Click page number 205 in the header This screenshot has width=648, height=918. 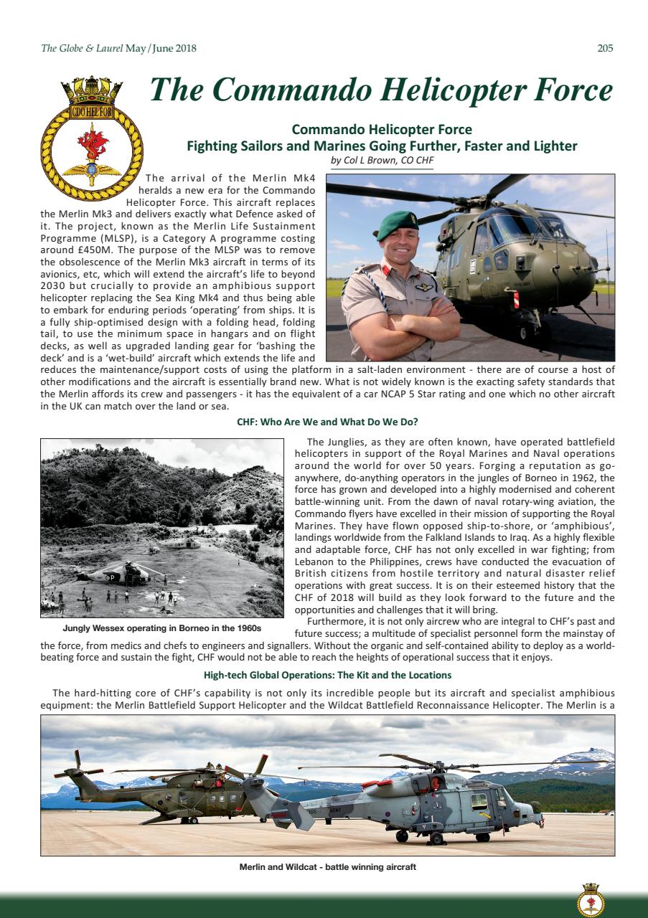click(605, 49)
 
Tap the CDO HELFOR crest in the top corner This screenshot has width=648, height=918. click(90, 140)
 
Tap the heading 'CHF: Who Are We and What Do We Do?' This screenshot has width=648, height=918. click(328, 422)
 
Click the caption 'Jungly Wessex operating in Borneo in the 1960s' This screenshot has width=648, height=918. click(161, 628)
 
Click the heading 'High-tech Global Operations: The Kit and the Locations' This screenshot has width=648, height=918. click(327, 676)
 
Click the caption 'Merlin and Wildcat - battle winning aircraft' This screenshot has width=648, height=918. click(327, 867)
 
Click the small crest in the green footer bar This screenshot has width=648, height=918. click(591, 899)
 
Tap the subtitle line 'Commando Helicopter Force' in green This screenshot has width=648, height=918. click(381, 130)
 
